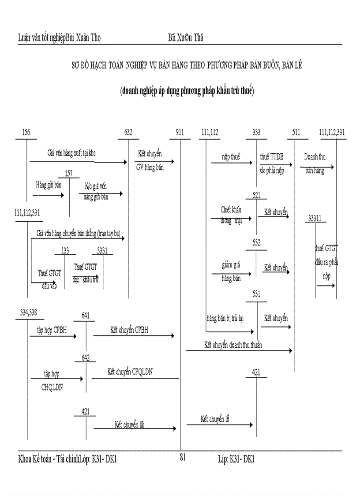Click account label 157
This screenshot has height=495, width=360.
(69, 172)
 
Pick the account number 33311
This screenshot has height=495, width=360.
(315, 218)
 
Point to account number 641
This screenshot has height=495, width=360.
(86, 316)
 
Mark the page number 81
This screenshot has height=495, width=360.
(183, 458)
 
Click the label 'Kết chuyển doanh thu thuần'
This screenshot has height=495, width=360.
(233, 345)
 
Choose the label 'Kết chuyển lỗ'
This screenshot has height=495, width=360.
(215, 419)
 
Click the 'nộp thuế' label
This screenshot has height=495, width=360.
(231, 157)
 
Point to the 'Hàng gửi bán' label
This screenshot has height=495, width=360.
(49, 185)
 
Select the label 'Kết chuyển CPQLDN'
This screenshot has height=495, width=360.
(130, 372)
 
